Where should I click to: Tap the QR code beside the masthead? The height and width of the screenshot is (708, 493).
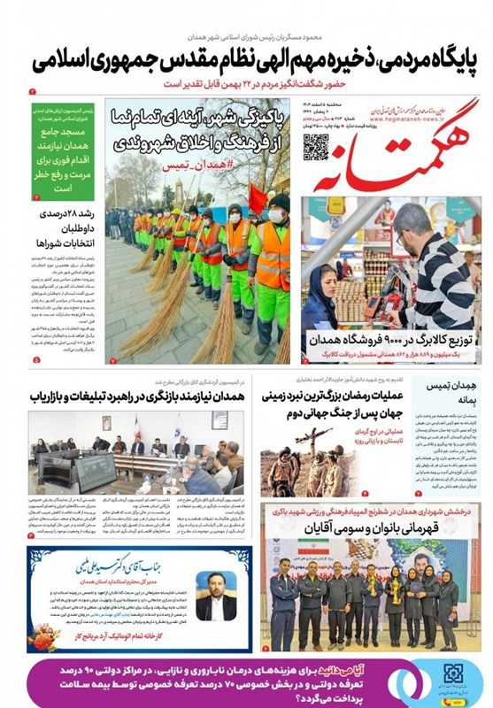[315, 146]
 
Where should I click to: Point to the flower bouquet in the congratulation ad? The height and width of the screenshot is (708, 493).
[43, 634]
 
